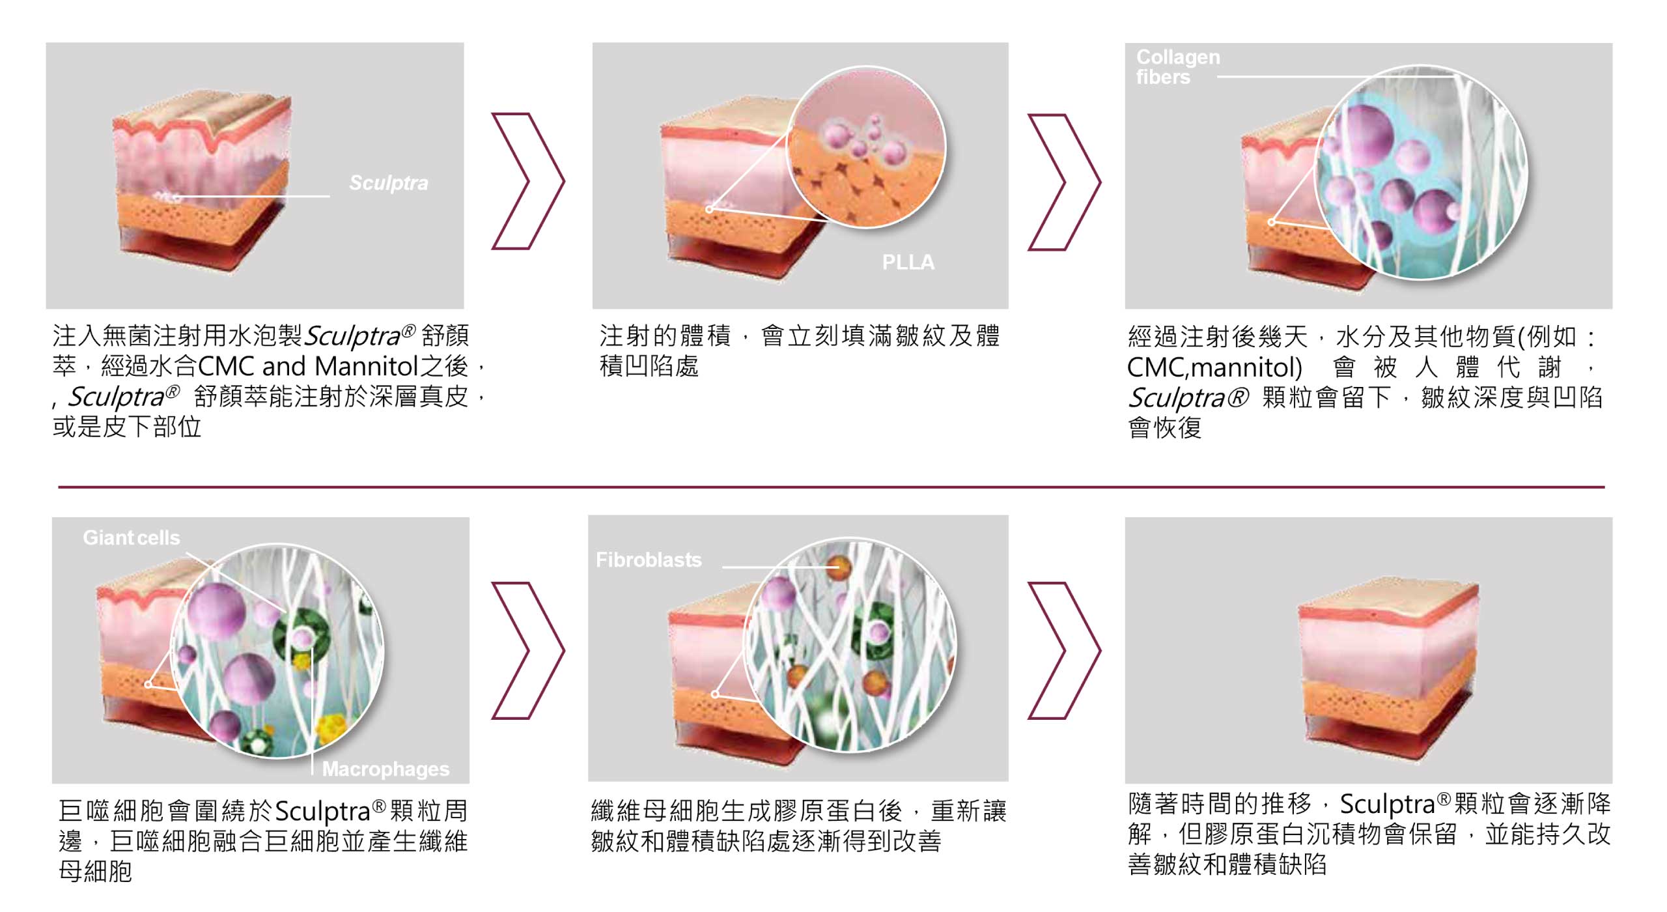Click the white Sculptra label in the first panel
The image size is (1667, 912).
[389, 183]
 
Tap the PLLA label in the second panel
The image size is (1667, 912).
[908, 262]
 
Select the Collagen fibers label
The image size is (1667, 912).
[1178, 66]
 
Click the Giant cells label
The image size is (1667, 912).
[132, 537]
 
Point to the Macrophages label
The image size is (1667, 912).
[385, 769]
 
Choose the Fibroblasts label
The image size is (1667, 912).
[649, 560]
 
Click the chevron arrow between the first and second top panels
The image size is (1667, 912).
[527, 181]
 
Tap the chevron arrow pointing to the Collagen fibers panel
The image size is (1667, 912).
[1064, 182]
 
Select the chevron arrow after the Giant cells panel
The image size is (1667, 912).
[527, 650]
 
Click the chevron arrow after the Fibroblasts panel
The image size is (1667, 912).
[1064, 650]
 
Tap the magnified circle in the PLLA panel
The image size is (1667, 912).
[867, 149]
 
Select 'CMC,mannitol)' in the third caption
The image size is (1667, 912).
[1214, 367]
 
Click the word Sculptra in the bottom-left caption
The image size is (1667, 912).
[323, 812]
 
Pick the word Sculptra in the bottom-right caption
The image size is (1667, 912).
[1388, 805]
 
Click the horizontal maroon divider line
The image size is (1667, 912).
[832, 487]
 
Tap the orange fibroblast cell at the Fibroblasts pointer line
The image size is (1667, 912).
[839, 567]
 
